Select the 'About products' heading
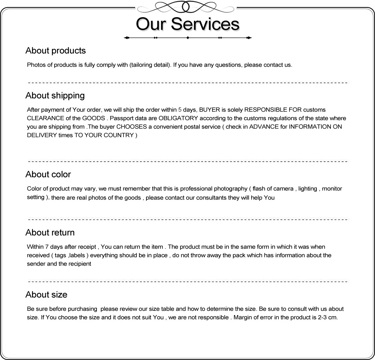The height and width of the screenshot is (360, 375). pyautogui.click(x=55, y=50)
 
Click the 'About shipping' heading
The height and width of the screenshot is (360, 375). pyautogui.click(x=55, y=95)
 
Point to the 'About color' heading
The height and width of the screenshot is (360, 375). pyautogui.click(x=48, y=174)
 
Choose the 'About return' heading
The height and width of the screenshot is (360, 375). pyautogui.click(x=50, y=232)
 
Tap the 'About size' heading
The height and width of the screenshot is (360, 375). pyautogui.click(x=46, y=294)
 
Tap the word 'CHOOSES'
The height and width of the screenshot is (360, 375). pyautogui.click(x=131, y=127)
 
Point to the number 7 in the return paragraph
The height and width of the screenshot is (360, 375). pyautogui.click(x=47, y=247)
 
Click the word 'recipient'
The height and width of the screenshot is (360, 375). pyautogui.click(x=80, y=264)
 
